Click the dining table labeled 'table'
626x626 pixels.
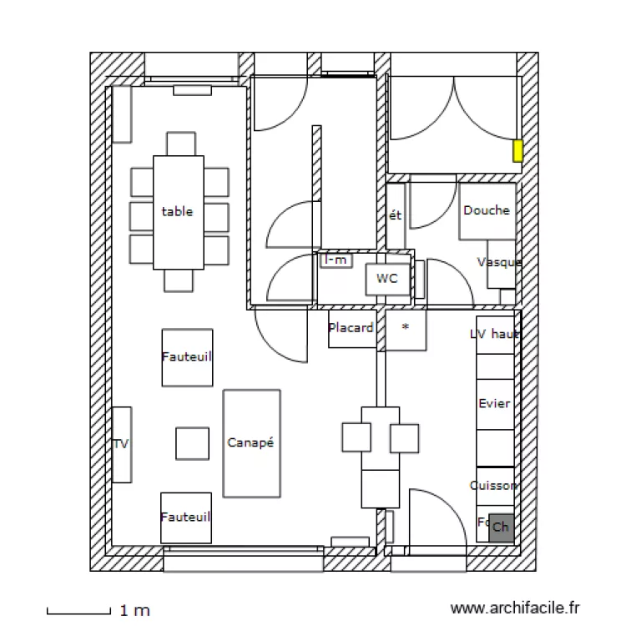click(x=178, y=212)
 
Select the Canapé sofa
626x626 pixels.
click(x=251, y=443)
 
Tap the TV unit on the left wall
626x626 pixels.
click(x=122, y=444)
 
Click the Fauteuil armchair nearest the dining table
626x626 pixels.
click(x=186, y=356)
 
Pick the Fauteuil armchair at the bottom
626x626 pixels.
click(x=185, y=517)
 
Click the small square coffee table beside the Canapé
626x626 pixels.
click(x=192, y=443)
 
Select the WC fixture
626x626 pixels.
click(x=387, y=279)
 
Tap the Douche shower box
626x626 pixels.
click(x=487, y=210)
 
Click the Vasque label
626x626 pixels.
click(x=499, y=262)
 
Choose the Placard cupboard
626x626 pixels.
click(x=351, y=328)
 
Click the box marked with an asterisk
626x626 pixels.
click(x=406, y=328)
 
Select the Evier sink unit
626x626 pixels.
click(x=494, y=404)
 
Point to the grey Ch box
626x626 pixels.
click(x=501, y=527)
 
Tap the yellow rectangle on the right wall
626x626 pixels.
click(x=517, y=151)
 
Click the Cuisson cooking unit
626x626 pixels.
click(x=494, y=485)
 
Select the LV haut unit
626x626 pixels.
click(x=494, y=334)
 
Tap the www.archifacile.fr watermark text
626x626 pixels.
click(x=514, y=610)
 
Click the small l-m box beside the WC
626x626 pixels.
click(x=336, y=260)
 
